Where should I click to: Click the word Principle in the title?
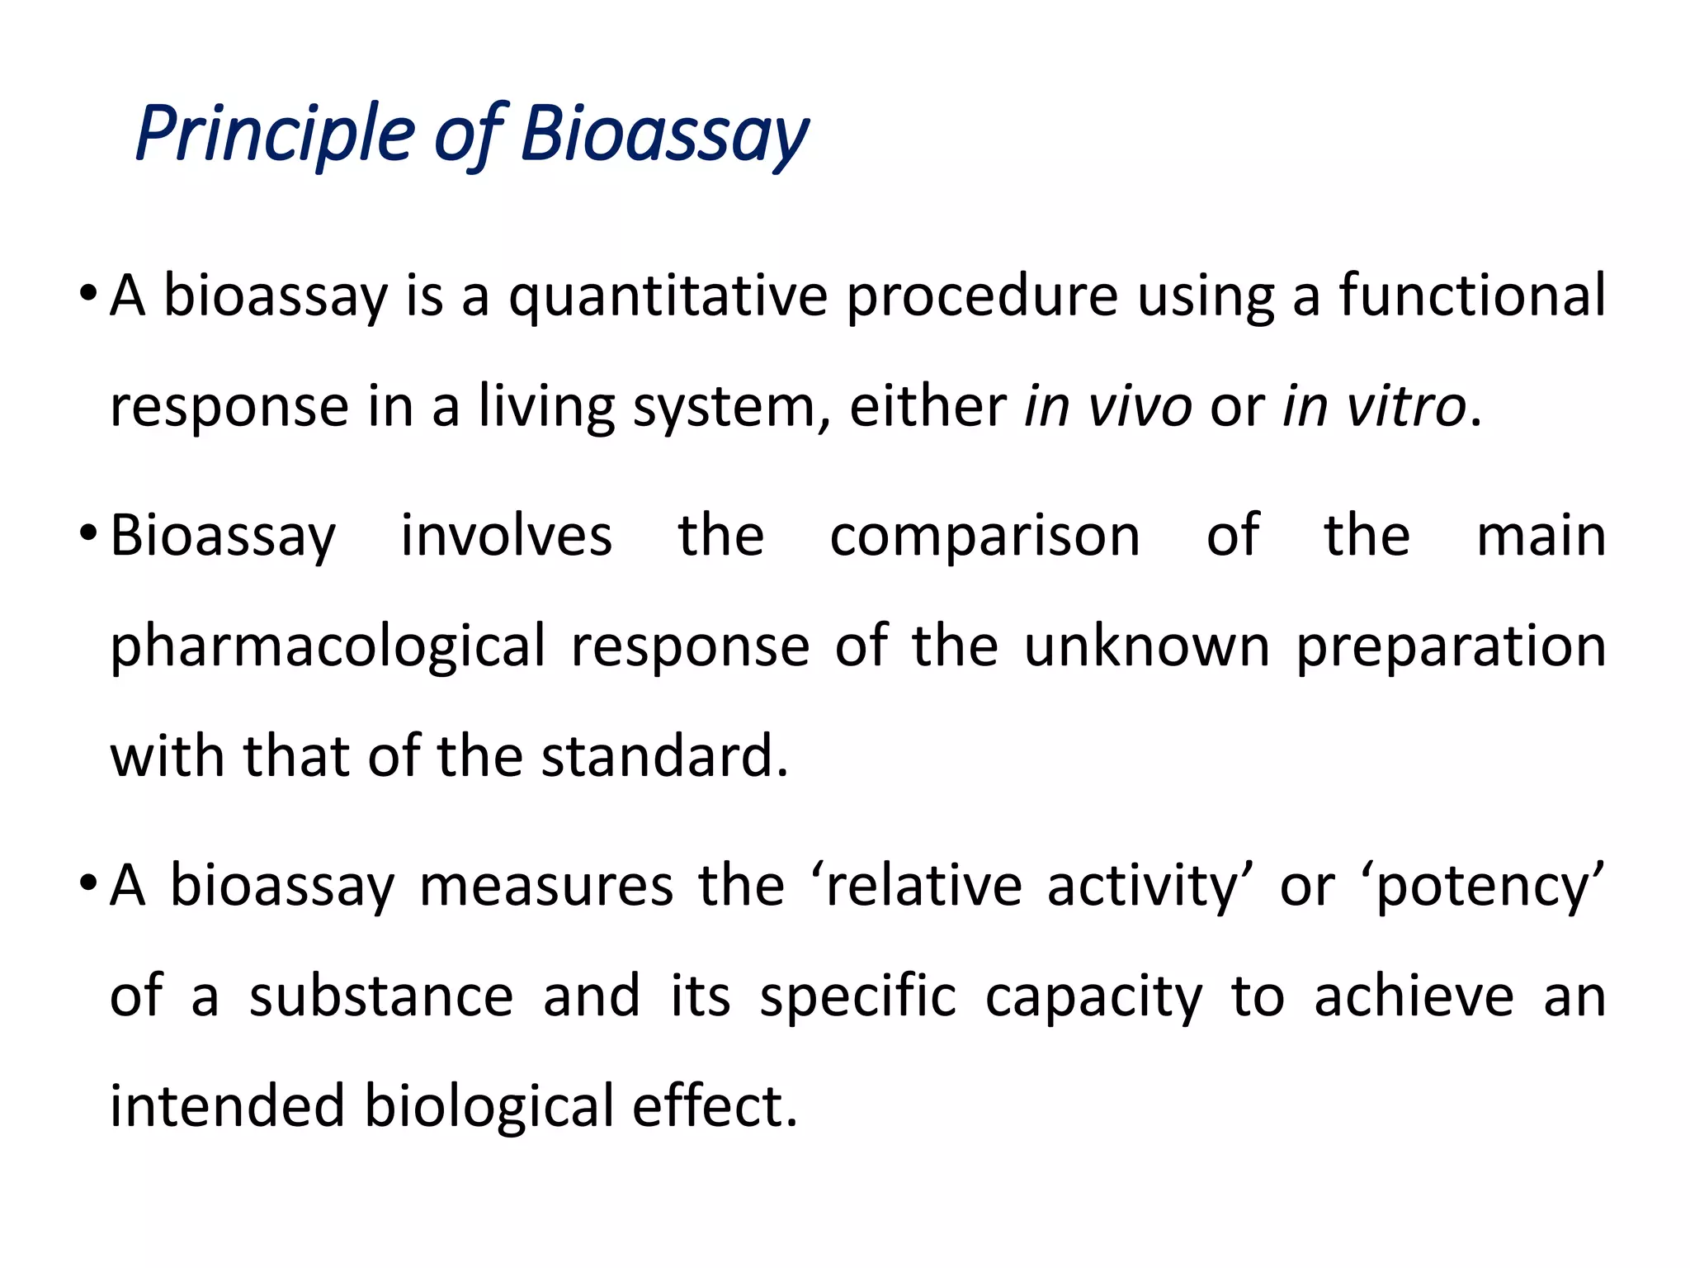275,134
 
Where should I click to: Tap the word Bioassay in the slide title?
665,134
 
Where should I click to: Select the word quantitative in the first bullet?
668,296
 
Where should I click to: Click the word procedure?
982,296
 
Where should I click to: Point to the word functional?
1472,295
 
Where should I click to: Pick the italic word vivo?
1140,407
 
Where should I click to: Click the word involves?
507,536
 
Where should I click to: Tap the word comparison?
984,537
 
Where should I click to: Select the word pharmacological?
328,647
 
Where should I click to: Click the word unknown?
1147,646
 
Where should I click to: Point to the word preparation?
1451,647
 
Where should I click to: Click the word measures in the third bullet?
546,886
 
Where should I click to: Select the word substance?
381,996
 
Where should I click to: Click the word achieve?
1414,996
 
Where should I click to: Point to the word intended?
227,1106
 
